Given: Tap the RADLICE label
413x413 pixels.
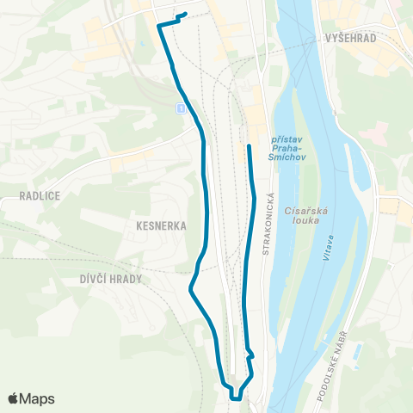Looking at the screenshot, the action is pos(39,195).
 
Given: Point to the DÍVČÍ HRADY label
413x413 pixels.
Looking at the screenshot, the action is pos(110,279).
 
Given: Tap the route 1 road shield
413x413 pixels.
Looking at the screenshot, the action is pos(180,108).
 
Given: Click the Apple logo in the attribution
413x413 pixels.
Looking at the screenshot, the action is pos(14,398).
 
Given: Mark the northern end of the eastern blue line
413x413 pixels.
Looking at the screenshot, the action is pos(249,146).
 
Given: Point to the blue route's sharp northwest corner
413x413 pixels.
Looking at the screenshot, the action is pos(159,27).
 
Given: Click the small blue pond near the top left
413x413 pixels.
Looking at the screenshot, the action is pos(139,42).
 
